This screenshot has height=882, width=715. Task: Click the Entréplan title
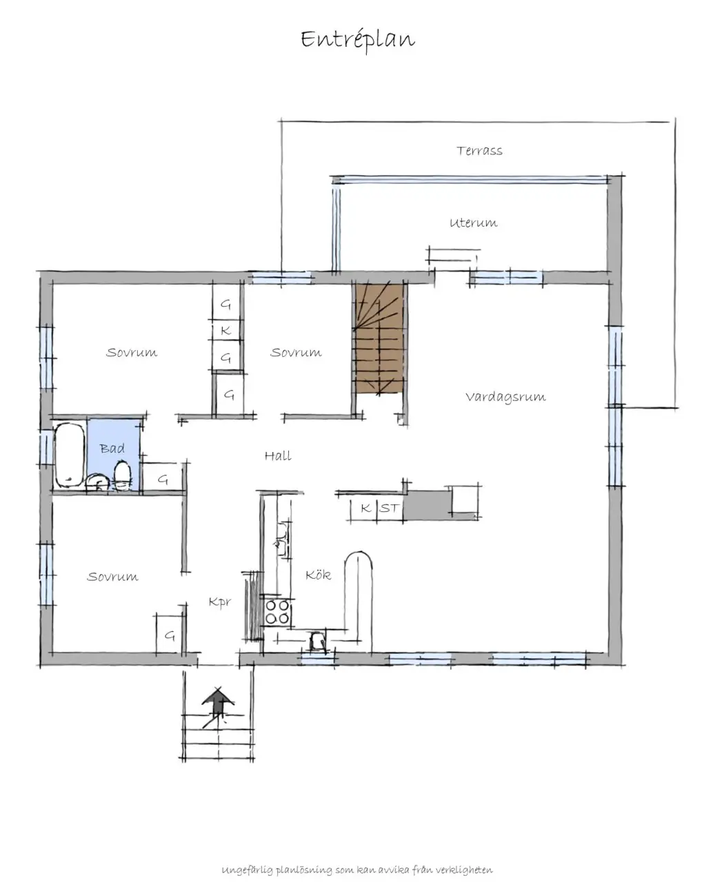pyautogui.click(x=358, y=40)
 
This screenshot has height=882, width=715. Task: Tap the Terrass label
pyautogui.click(x=479, y=150)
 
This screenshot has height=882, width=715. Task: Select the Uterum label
pyautogui.click(x=473, y=223)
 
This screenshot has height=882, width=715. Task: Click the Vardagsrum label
pyautogui.click(x=505, y=397)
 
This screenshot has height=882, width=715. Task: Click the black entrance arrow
pyautogui.click(x=218, y=704)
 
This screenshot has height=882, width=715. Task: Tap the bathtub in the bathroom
pyautogui.click(x=68, y=455)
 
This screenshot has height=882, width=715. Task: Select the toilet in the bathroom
pyautogui.click(x=122, y=475)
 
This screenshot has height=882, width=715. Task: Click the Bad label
pyautogui.click(x=112, y=449)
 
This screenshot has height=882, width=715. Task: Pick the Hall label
pyautogui.click(x=278, y=455)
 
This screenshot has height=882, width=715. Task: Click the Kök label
pyautogui.click(x=319, y=575)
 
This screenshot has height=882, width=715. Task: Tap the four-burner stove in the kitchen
pyautogui.click(x=277, y=611)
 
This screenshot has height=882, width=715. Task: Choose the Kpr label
pyautogui.click(x=219, y=602)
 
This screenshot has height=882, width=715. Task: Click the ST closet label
pyautogui.click(x=389, y=509)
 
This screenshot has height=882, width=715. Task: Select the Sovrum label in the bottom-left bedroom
pyautogui.click(x=112, y=577)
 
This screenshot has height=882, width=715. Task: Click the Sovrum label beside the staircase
pyautogui.click(x=296, y=352)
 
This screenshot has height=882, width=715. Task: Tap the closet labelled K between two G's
pyautogui.click(x=225, y=331)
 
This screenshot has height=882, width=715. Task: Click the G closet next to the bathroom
pyautogui.click(x=163, y=479)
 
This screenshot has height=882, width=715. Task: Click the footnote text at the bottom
pyautogui.click(x=357, y=870)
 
